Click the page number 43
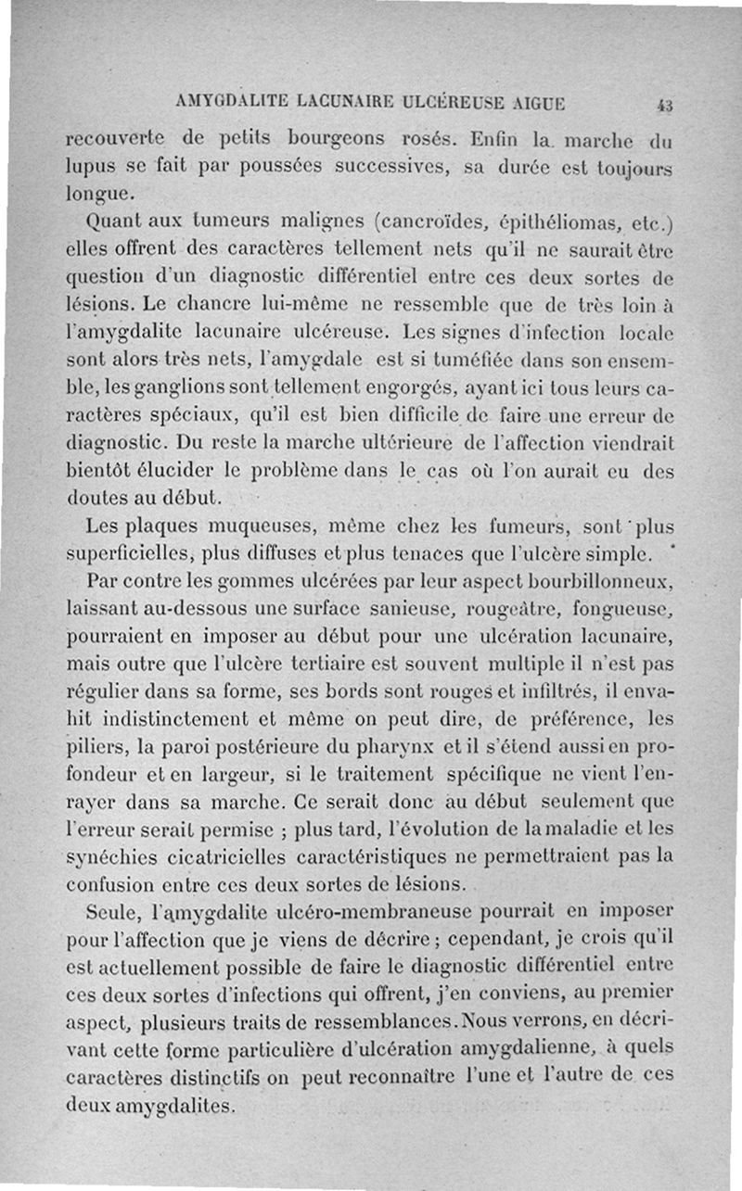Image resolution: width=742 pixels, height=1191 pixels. click(664, 105)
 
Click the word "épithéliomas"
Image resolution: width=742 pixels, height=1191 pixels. click(548, 223)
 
